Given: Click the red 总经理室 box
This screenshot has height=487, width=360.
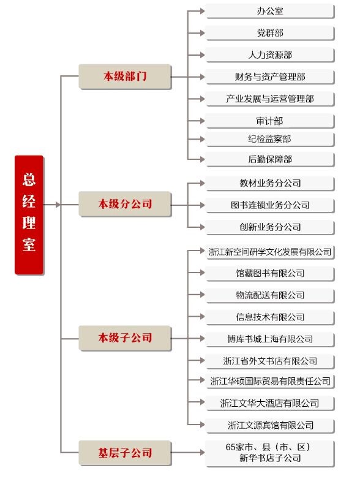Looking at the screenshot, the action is pos(29,215).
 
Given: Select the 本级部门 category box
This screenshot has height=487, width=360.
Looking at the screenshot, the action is pos(125,77).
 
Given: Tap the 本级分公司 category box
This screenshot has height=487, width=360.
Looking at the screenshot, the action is pos(125,204).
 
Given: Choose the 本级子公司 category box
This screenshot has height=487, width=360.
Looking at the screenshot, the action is pos(125,338).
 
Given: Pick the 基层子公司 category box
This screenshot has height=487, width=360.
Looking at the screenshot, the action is pos(125,453).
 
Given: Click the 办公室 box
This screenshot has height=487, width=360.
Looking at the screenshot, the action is pos(270,12).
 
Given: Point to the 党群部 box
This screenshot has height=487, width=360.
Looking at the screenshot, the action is pos(270,33).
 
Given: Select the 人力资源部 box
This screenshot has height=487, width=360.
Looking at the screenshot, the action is pos(270,55).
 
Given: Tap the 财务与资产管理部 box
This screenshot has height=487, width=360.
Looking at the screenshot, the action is pos(270,77).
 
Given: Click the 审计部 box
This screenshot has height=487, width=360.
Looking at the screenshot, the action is pos(270,121).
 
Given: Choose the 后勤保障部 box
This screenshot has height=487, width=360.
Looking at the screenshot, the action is pos(270,160).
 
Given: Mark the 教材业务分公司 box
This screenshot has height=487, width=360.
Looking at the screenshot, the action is pos(270,184).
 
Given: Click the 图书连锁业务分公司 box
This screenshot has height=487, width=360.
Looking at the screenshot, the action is pos(270,205).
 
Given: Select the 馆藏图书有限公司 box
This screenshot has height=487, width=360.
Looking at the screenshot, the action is pos(270,274).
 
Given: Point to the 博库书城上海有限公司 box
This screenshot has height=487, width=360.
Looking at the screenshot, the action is pos(270,339).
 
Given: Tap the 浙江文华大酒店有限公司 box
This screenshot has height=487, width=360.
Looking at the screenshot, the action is pos(270,404).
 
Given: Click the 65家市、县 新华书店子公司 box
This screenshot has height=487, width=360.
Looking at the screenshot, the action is pos(270,453).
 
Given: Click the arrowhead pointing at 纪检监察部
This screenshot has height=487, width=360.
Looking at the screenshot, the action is pos(202,139).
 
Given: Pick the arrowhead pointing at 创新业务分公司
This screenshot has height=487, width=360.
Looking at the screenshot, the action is pos(202,227).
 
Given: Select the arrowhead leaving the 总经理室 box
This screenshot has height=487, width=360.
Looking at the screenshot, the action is pos(58,205).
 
